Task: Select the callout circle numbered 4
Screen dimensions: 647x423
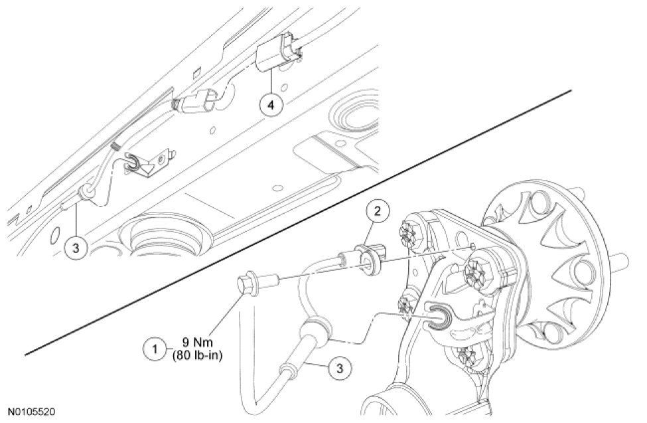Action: pos(271,106)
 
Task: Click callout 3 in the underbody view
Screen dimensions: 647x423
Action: pos(76,248)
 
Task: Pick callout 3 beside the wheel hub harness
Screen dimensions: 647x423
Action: pos(340,369)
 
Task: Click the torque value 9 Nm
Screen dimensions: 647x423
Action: pos(196,343)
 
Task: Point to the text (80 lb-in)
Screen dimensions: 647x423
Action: pos(196,355)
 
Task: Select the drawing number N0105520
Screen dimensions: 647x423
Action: pos(32,412)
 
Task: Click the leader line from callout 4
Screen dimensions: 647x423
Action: pos(271,82)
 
